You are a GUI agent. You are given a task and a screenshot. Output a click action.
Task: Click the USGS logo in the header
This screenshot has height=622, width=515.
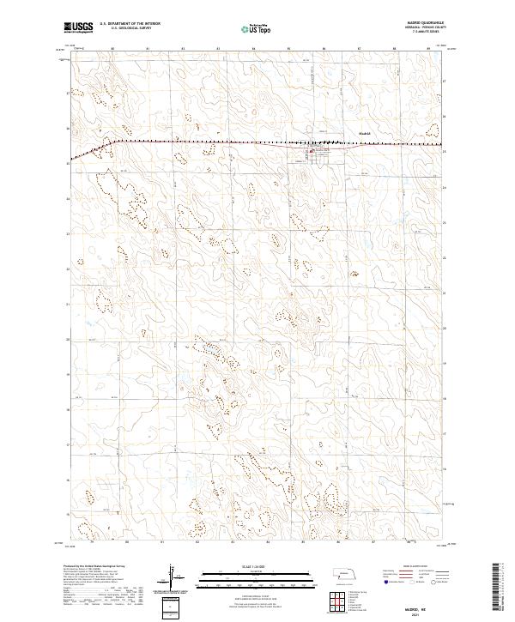click(x=78, y=27)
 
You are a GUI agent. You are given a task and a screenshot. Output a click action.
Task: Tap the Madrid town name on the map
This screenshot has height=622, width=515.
click(x=364, y=134)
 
